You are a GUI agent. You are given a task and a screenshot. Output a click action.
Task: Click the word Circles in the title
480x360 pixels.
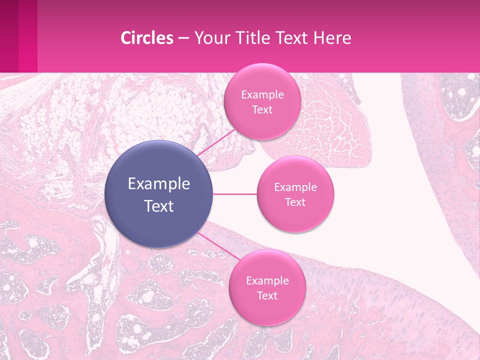(x=147, y=38)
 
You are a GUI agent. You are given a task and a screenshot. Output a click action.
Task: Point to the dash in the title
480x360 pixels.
(x=183, y=38)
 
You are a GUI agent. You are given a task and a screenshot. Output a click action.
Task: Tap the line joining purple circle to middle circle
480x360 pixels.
(x=234, y=194)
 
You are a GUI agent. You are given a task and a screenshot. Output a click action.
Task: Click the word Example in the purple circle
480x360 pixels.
(x=158, y=184)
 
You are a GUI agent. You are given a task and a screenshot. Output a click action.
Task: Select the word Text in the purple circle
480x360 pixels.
(x=158, y=206)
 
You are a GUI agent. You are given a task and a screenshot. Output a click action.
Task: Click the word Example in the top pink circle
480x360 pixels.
(x=262, y=95)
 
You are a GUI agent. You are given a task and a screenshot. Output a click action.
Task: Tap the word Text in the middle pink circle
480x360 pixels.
(x=295, y=202)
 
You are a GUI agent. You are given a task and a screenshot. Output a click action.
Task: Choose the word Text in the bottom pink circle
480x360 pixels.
(x=267, y=295)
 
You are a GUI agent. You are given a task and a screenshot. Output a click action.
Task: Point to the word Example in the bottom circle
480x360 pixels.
(x=267, y=281)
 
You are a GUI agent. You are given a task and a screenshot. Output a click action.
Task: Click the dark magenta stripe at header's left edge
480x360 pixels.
(x=9, y=36)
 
